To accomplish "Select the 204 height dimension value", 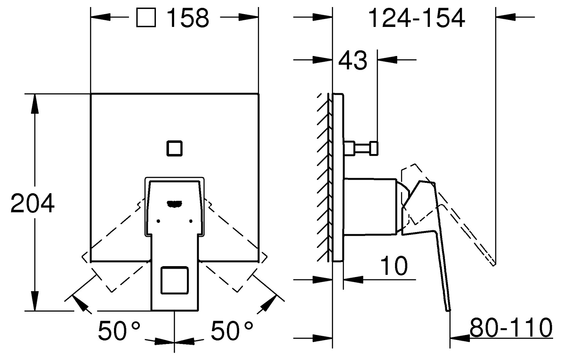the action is point(33,203).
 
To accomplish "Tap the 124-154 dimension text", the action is point(417,18).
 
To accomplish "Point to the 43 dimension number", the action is point(353,60).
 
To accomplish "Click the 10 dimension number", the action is point(394,266).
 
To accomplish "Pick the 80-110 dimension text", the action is point(511,327).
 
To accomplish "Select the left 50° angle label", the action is point(119,331).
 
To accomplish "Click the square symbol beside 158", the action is point(146,18).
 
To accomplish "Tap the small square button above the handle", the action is point(174,148).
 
